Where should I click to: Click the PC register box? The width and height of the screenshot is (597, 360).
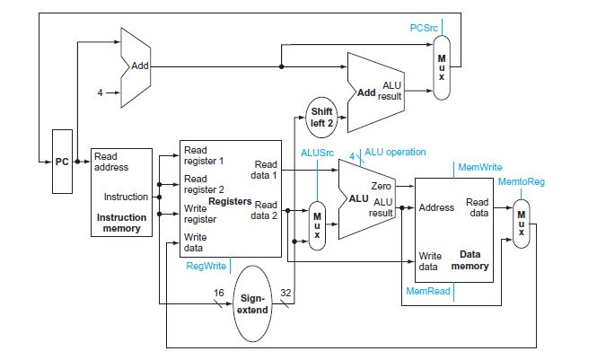point(61,162)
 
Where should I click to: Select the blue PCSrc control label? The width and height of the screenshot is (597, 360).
point(423,28)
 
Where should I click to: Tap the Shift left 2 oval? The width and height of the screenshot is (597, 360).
point(322,117)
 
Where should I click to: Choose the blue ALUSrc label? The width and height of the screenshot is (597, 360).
point(317,153)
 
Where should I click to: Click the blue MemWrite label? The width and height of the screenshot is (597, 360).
point(480,167)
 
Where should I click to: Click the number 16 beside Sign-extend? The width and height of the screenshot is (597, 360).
point(218,293)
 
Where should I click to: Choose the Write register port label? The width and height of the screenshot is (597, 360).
point(200,214)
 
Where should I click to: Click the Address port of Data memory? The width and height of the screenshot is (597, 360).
point(437,207)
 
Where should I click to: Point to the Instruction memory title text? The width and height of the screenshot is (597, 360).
point(121,223)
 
